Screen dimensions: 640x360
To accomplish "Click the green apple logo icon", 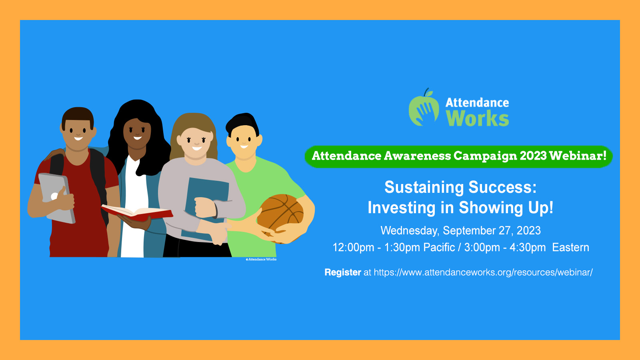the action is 424,108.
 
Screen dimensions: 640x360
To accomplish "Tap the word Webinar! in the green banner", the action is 578,156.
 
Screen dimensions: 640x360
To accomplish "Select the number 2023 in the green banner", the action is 533,156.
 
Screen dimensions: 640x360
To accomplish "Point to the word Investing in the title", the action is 402,208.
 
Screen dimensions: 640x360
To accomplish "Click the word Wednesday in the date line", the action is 410,231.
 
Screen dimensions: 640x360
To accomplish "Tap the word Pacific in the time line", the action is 439,248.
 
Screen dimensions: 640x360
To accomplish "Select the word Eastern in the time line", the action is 570,248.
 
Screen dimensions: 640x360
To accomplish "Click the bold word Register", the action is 343,272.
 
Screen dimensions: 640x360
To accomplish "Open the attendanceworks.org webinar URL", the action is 483,272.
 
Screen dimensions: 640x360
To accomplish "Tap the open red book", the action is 137,213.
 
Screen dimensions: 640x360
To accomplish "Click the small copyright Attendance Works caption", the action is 261,260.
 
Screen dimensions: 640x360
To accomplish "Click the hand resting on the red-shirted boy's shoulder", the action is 55,154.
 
